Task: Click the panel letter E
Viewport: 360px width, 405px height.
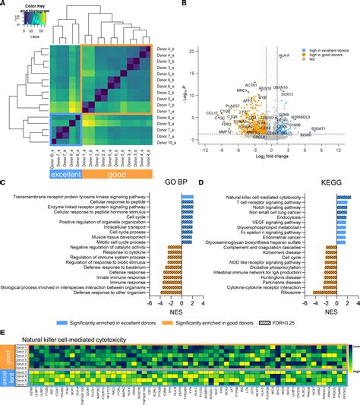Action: [x=5, y=331]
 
